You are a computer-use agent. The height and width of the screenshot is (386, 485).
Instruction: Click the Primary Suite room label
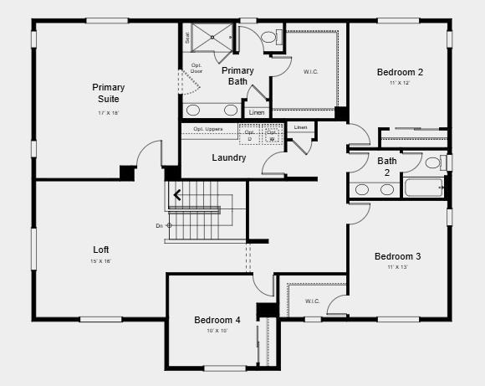[109, 93]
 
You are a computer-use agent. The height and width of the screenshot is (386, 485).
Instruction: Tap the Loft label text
[101, 250]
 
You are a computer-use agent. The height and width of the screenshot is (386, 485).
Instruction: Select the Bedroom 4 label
[217, 320]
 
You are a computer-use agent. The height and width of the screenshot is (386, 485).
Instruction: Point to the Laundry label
[228, 157]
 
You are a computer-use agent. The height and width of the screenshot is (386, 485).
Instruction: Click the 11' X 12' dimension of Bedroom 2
[399, 83]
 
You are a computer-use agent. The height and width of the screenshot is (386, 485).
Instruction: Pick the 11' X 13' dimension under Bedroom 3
[397, 267]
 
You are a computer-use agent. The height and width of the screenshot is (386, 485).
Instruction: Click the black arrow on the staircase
[177, 197]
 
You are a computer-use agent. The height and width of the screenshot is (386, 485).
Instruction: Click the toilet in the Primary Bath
[270, 38]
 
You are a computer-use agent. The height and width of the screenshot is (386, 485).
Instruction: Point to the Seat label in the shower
[187, 38]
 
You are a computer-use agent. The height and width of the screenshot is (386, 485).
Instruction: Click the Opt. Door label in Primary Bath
[197, 68]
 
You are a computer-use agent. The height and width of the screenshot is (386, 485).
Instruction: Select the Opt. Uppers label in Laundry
[208, 128]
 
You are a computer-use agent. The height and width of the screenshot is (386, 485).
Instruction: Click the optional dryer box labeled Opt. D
[249, 135]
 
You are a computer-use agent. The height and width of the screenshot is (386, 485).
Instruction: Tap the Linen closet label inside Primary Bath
[257, 112]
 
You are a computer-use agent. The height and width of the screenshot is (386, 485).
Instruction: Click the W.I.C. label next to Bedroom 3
[312, 301]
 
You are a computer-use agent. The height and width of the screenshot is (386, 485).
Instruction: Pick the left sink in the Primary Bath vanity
[193, 110]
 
